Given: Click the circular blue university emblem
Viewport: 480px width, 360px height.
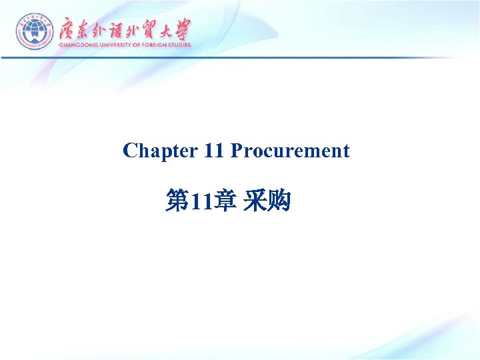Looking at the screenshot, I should pyautogui.click(x=34, y=31).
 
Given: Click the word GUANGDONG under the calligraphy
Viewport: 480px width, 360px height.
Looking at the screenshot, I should pyautogui.click(x=79, y=45).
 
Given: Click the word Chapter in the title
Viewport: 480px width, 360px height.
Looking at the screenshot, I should pyautogui.click(x=160, y=151).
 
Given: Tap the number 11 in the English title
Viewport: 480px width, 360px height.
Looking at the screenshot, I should pyautogui.click(x=214, y=151).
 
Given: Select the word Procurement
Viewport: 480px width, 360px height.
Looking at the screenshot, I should pyautogui.click(x=290, y=151).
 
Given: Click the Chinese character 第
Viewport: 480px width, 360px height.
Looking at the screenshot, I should pyautogui.click(x=177, y=200).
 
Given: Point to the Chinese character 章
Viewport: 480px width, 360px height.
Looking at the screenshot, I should pyautogui.click(x=225, y=200).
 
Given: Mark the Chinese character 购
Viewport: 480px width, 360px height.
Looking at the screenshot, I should pyautogui.click(x=279, y=200).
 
